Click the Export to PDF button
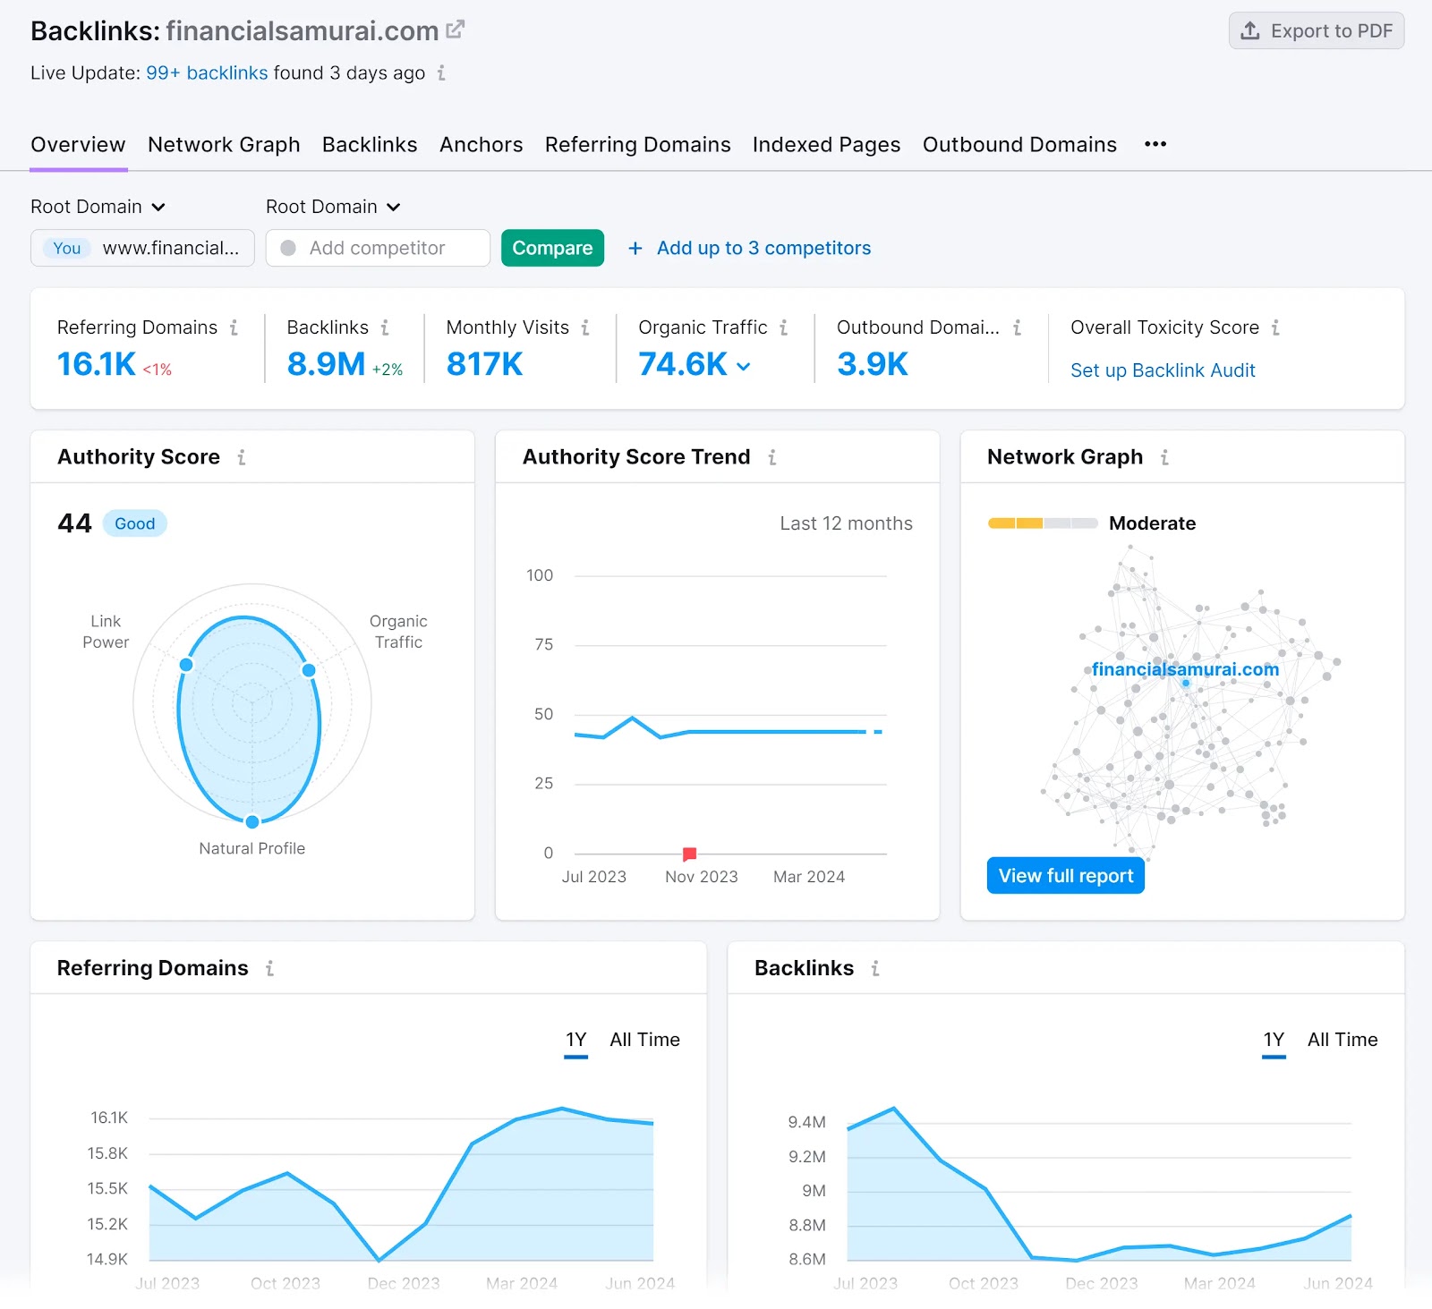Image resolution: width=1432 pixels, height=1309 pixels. pos(1316,31)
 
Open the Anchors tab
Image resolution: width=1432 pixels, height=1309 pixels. pos(481,145)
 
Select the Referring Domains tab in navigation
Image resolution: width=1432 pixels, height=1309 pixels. pos(637,145)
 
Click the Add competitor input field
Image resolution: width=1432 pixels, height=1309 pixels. pos(377,248)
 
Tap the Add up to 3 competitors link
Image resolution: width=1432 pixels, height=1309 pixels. pos(763,248)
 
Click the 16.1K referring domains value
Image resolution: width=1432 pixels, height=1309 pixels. pos(97,364)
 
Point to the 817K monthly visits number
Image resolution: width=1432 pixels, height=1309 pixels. pos(484,364)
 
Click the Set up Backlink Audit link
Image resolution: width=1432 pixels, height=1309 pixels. pos(1162,370)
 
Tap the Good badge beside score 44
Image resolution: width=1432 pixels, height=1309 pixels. pos(134,523)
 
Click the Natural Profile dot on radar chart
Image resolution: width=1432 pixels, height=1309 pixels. pos(252,821)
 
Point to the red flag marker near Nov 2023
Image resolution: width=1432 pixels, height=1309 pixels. pos(689,854)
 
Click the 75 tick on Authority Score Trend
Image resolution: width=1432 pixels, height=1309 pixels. pos(543,644)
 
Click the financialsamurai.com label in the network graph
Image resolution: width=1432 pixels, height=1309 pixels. pos(1184,669)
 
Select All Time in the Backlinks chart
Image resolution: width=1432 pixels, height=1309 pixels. pos(1342,1040)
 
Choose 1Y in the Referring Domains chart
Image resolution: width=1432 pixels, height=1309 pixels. pos(575,1040)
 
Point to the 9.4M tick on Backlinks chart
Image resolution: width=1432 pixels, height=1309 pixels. pos(806,1122)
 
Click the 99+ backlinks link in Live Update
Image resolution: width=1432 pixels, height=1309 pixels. pos(207,73)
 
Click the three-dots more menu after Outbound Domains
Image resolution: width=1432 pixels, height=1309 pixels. pos(1155,144)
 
